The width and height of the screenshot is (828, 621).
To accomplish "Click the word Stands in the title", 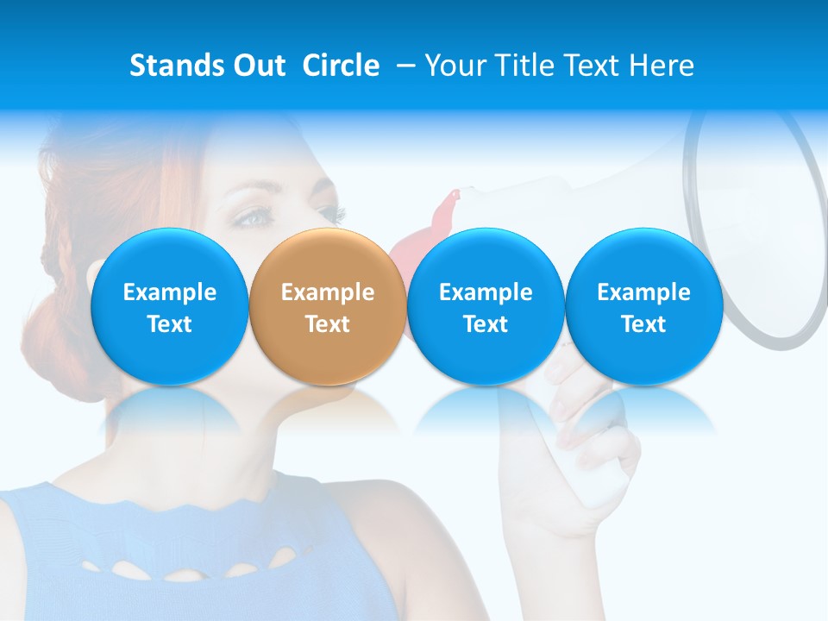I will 175,66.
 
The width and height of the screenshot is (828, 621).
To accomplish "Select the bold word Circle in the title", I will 341,66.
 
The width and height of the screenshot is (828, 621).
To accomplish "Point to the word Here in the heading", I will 662,66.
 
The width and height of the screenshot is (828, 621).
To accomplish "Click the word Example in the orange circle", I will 327,292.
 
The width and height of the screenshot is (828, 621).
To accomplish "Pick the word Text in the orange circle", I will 327,324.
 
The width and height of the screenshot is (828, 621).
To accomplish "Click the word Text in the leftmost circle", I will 169,324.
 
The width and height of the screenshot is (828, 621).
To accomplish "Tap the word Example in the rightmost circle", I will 643,292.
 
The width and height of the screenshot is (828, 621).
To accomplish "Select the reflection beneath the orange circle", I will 327,410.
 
